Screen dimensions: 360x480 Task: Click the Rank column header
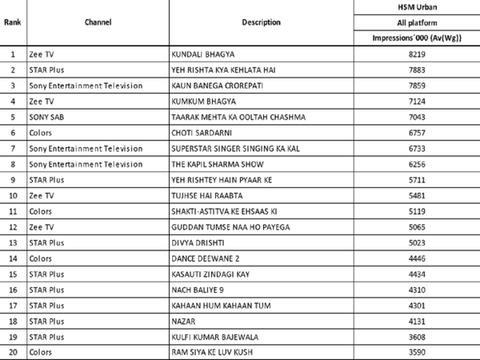[x=13, y=22]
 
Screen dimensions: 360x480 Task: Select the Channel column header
[x=97, y=22]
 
